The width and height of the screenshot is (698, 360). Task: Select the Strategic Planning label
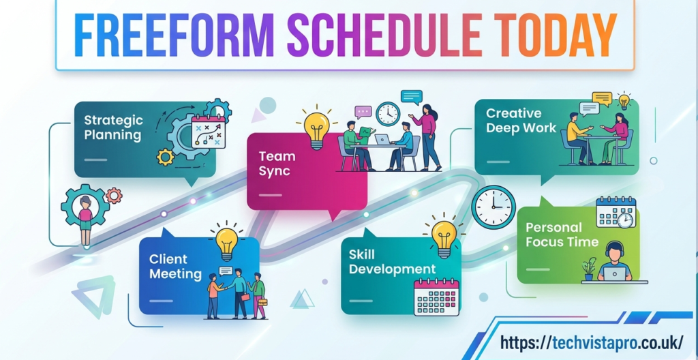point(113,127)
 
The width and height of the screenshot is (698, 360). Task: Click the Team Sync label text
point(277,163)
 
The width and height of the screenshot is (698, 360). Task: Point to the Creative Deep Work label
point(521,120)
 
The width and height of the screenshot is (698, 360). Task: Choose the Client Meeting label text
point(175,266)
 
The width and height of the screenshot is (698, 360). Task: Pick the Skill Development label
point(392,262)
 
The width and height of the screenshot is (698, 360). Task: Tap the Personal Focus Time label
point(562,235)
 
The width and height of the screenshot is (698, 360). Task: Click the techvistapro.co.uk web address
point(591,343)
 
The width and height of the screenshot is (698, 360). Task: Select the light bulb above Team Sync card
point(316,127)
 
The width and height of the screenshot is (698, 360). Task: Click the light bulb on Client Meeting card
point(226,243)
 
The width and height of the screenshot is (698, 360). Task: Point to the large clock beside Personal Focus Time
point(494,207)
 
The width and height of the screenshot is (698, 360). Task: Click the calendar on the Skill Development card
point(436,297)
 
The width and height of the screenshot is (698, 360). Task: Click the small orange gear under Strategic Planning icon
point(166,157)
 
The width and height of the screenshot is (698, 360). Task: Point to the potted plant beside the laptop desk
point(589,269)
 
